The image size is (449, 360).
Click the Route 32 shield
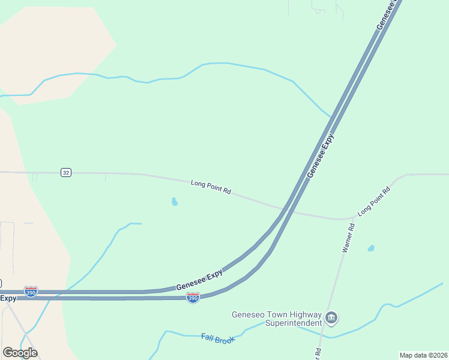tap(66, 173)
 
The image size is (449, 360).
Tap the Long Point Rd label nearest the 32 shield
tap(211, 187)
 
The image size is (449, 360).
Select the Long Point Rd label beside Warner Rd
tap(374, 202)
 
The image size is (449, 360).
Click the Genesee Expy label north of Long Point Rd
tap(320, 156)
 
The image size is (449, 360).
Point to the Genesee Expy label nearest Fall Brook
tap(199, 280)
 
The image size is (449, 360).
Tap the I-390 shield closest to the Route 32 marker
tap(31, 291)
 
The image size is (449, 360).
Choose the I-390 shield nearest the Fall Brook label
tap(193, 297)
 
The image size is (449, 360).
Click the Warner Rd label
tap(348, 238)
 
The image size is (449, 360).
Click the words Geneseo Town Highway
tap(276, 314)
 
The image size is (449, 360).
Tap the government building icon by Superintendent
tap(331, 317)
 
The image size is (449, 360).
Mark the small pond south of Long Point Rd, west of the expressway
tap(175, 202)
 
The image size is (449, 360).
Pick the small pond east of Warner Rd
tap(371, 248)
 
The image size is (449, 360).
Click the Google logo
tap(20, 352)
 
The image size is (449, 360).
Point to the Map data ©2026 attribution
tap(423, 355)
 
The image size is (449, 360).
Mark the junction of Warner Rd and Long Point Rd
tap(351, 219)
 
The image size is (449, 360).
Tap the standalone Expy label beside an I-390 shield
tap(8, 298)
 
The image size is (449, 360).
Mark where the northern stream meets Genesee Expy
tap(330, 116)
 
